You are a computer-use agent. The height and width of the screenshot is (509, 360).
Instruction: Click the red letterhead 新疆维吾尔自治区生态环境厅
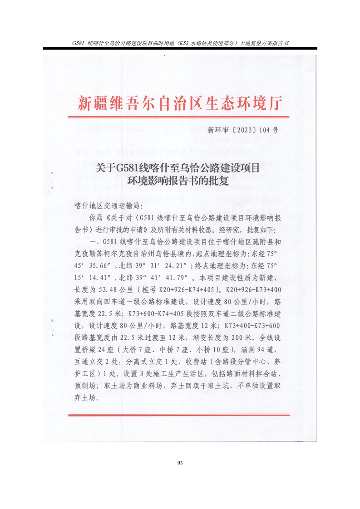click(180, 103)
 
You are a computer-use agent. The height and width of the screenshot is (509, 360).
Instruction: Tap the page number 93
click(180, 463)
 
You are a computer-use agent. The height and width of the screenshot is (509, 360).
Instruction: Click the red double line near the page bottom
click(180, 416)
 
